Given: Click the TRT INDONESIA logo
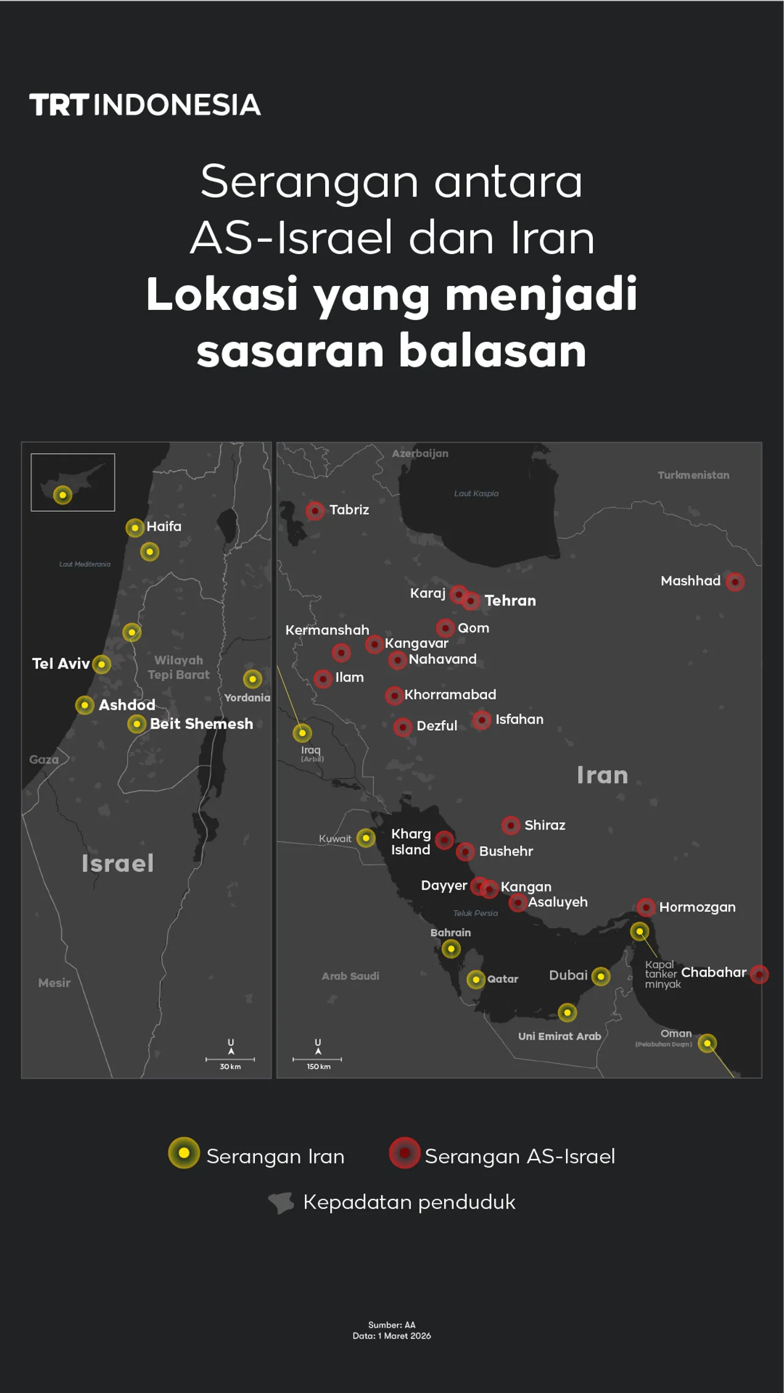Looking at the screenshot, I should tap(145, 105).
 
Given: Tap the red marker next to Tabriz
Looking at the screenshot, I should tap(315, 511).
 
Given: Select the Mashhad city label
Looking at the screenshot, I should tap(690, 581).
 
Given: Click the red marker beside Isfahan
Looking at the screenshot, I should tap(482, 720).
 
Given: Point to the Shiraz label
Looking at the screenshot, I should tap(545, 825).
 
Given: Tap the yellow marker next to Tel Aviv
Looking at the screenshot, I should tap(102, 664).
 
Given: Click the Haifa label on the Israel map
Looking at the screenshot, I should tap(164, 527).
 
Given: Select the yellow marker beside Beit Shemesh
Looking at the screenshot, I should tap(137, 724).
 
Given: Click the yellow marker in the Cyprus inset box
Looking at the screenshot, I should tap(62, 495).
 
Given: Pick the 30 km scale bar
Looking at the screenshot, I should tap(230, 1059).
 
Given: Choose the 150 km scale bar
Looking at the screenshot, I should tap(317, 1059).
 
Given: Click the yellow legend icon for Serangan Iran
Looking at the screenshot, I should tap(184, 1153).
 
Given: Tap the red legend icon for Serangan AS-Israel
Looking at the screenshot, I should tap(404, 1153).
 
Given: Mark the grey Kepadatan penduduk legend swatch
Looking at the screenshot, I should tap(281, 1203).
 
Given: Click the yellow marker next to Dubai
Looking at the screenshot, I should tap(601, 977).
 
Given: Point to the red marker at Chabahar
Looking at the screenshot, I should tap(759, 974).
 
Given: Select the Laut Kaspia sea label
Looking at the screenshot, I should tap(476, 494).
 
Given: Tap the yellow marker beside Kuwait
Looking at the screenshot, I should tap(366, 838).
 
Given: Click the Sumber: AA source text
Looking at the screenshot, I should tap(391, 1325).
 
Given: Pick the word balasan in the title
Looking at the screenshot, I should tap(492, 351).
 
